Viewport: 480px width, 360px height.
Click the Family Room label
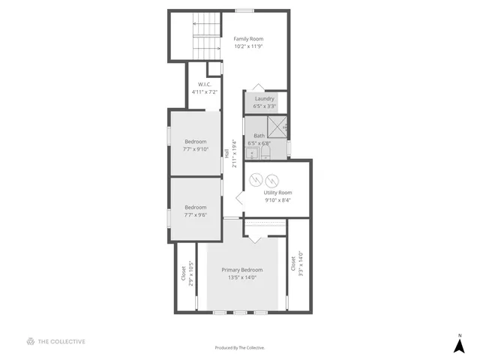coord(248,39)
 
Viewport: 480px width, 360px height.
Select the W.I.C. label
coord(204,84)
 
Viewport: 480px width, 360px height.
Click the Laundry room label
coord(265,98)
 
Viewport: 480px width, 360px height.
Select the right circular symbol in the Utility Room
coord(272,180)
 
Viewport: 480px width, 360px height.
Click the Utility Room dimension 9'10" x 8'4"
coord(277,200)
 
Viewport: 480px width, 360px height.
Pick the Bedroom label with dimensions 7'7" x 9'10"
coord(196,149)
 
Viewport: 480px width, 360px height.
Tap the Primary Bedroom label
coord(241,270)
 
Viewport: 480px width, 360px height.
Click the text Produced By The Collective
coord(240,347)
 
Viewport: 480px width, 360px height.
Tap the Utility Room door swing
coord(240,199)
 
